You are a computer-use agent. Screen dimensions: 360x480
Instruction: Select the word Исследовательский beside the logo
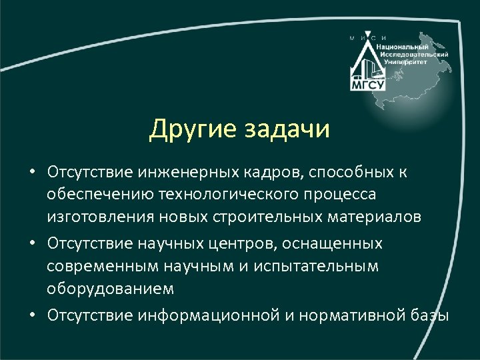pyautogui.click(x=414, y=54)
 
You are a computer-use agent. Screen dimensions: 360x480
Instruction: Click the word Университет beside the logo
pyautogui.click(x=406, y=61)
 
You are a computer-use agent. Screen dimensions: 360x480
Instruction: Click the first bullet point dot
pyautogui.click(x=31, y=173)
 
